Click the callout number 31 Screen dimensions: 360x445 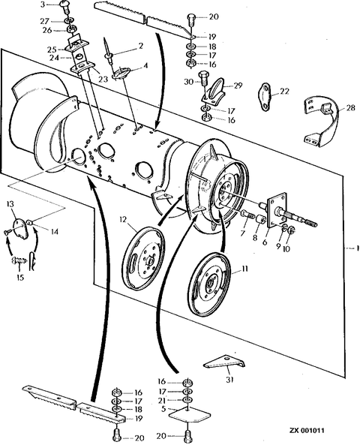[x=229, y=379]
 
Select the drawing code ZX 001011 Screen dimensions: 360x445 [x=307, y=431]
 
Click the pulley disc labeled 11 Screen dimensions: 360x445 [x=210, y=284]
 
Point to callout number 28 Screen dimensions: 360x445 [x=350, y=108]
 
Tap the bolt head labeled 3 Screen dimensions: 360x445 [x=63, y=5]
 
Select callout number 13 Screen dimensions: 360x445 [x=10, y=204]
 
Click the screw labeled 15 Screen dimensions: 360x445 [x=19, y=260]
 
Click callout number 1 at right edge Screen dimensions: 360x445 [x=358, y=248]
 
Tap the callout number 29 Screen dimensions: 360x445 [x=238, y=85]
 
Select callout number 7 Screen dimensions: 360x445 [x=242, y=233]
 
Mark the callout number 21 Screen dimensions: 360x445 [x=163, y=400]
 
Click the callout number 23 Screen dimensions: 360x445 [x=103, y=79]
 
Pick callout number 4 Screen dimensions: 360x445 [x=145, y=65]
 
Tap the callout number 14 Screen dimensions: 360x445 [x=55, y=232]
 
